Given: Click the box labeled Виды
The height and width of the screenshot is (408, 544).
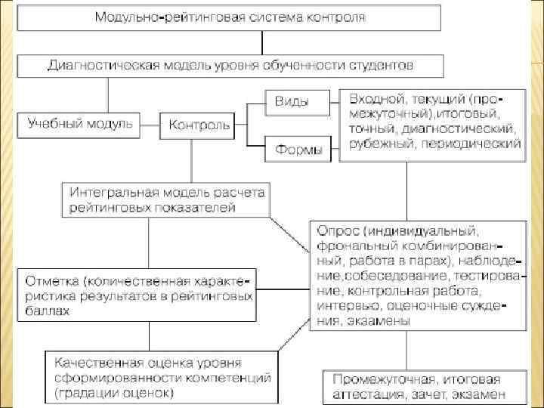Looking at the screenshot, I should pos(297,102).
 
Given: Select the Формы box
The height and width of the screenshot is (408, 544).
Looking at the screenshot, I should pos(297,150).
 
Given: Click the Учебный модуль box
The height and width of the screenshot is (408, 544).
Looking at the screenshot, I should pos(79,122).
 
